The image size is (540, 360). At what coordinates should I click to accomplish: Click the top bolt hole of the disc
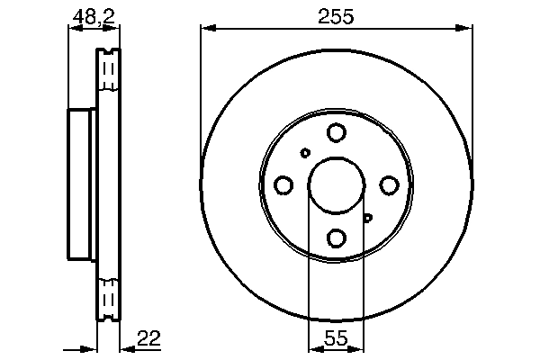click(x=337, y=133)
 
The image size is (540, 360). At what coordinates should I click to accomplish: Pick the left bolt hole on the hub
click(x=283, y=185)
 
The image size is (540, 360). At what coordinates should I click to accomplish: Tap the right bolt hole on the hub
click(x=389, y=185)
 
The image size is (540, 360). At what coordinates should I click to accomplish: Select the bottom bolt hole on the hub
click(x=337, y=238)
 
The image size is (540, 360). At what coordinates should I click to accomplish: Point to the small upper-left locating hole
click(x=305, y=153)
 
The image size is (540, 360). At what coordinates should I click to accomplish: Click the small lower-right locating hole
click(x=367, y=217)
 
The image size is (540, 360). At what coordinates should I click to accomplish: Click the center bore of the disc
click(x=337, y=185)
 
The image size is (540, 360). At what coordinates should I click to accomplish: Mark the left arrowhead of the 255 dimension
click(x=206, y=30)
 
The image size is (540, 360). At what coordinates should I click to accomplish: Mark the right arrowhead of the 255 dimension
click(x=467, y=30)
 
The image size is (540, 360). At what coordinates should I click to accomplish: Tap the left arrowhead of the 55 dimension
click(x=313, y=348)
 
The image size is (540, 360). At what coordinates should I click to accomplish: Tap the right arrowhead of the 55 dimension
click(x=359, y=348)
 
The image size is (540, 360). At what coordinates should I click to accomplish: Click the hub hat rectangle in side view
click(x=82, y=185)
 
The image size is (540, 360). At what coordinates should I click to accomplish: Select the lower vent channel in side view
click(x=108, y=299)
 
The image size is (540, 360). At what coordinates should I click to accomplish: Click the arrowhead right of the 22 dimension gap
click(x=125, y=348)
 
